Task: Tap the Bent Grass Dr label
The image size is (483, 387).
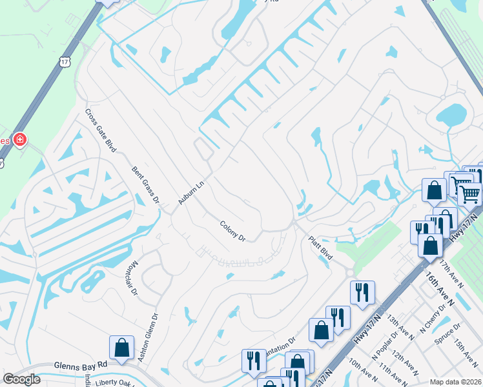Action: click(x=145, y=186)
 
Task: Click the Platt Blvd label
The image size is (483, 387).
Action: click(x=320, y=248)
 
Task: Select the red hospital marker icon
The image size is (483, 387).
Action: click(x=20, y=139)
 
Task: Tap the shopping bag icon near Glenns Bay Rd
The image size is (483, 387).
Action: click(x=121, y=348)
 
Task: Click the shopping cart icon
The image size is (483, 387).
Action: click(x=469, y=193)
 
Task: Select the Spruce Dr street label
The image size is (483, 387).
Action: click(x=448, y=333)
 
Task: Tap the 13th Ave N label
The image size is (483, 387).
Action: click(x=400, y=328)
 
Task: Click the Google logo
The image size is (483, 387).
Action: click(x=21, y=379)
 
